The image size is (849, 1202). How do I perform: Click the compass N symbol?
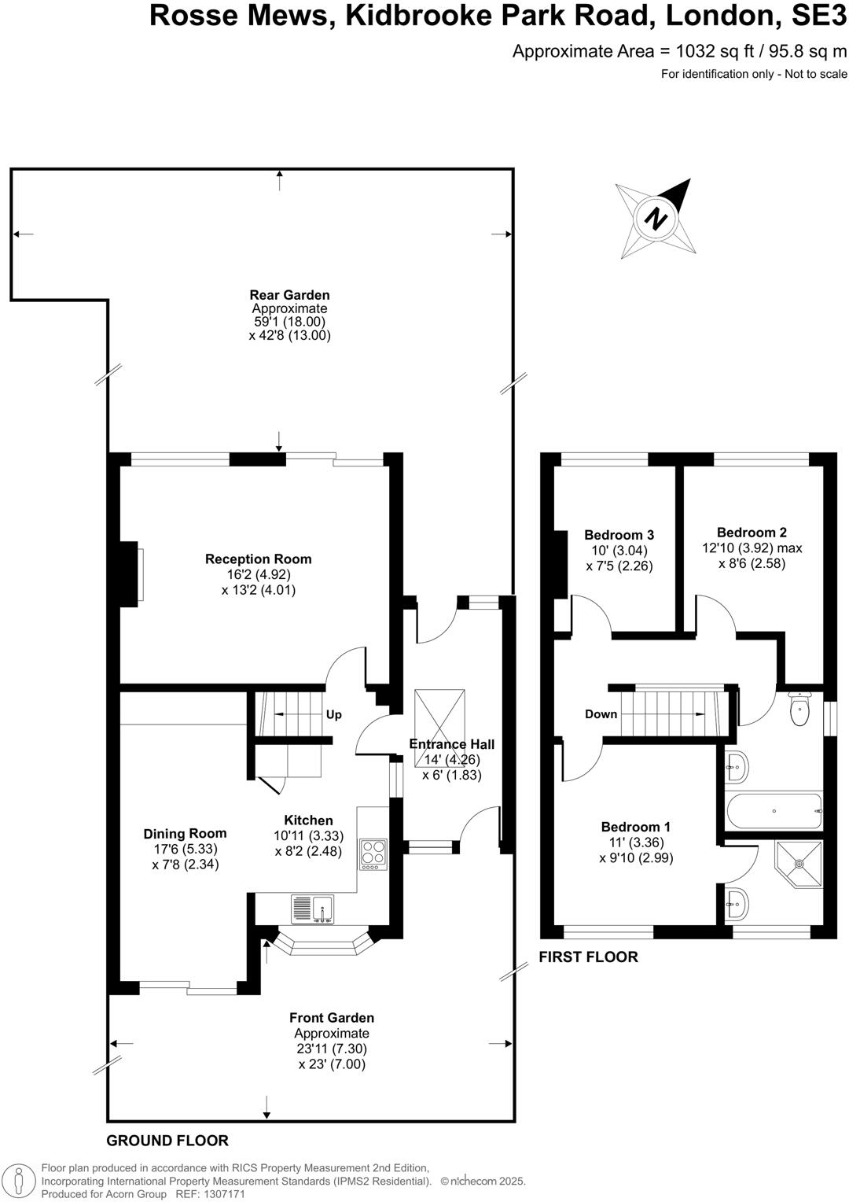point(656,218)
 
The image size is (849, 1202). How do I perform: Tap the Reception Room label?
point(259,559)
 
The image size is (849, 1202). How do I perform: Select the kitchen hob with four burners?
point(373,854)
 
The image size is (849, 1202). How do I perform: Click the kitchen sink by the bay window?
point(313,909)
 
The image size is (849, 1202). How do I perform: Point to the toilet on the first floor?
point(799,710)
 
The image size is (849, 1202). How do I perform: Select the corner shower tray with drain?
point(799,863)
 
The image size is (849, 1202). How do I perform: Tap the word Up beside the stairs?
point(334,715)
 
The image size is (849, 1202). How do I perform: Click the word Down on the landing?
point(601,714)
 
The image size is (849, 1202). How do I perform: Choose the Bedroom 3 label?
point(619,535)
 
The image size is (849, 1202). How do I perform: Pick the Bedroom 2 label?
point(752,533)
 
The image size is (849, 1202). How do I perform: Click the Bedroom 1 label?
point(635,827)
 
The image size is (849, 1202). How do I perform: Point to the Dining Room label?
point(185,834)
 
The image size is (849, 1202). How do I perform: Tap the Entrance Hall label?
point(452,744)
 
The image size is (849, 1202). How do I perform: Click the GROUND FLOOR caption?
point(167,1141)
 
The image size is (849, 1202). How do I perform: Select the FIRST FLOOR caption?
point(588,957)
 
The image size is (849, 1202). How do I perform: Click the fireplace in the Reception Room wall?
point(130,572)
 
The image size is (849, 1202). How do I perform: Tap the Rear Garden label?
point(289,296)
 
